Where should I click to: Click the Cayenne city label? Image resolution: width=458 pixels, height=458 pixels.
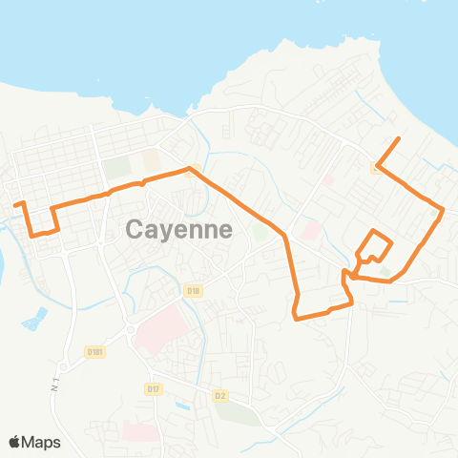pos(179,229)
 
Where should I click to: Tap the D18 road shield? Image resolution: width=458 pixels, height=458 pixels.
pos(194,290)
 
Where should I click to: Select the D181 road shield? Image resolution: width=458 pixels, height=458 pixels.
pos(94,351)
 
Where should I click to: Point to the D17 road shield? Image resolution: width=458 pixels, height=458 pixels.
pos(154,388)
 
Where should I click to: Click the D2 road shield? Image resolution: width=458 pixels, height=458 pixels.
pos(221,394)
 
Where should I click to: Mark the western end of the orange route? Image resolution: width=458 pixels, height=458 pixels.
pos(13,203)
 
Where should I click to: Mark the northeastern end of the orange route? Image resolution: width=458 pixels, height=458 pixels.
pos(398,139)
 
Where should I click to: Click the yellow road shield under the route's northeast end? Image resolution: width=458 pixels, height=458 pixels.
pos(377,167)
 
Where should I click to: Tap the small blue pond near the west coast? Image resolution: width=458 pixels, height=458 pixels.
pos(34,319)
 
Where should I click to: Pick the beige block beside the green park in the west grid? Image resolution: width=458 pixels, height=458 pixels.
pos(151,160)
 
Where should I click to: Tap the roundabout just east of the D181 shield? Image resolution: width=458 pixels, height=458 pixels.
pos(130,331)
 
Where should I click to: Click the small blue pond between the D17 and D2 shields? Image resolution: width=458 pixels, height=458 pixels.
pos(182,404)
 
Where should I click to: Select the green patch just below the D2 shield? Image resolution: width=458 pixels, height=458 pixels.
pos(236,415)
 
